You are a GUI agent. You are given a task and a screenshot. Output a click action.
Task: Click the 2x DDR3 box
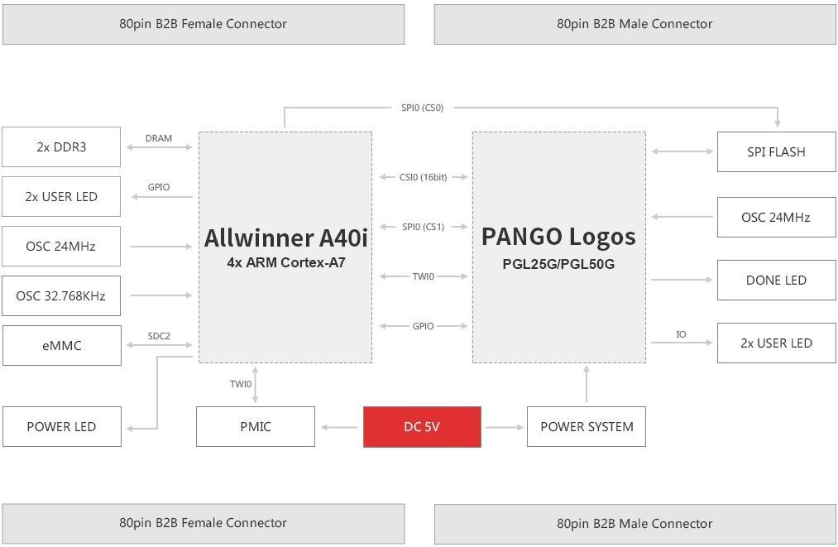point(61,147)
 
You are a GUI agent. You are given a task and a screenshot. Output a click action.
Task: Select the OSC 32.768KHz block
point(61,295)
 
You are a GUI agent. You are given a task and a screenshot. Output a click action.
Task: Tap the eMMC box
point(61,345)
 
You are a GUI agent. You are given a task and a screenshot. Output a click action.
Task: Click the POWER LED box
point(61,427)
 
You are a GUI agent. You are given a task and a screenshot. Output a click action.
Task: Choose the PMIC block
point(256,427)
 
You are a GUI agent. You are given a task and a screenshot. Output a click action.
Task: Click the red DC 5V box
point(422,427)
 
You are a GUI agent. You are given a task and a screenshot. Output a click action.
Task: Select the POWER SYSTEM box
point(587,427)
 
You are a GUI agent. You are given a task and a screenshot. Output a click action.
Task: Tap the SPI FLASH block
point(776,152)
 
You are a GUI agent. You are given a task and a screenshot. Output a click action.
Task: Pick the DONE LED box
point(776,281)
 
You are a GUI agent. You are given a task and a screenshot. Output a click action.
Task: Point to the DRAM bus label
point(158,138)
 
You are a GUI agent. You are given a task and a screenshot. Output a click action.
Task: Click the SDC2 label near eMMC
point(158,336)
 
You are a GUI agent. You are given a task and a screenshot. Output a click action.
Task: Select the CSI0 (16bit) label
point(423,177)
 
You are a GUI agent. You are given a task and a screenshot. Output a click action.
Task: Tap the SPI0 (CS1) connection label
point(423,227)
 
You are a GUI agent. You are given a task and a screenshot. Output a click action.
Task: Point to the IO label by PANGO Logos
point(681,334)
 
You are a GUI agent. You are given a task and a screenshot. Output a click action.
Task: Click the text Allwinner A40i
point(285,238)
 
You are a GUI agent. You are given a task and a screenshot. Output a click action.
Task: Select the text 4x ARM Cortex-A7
point(285,263)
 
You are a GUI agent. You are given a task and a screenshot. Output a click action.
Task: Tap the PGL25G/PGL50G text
point(559,264)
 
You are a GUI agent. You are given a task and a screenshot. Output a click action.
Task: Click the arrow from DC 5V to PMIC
point(338,427)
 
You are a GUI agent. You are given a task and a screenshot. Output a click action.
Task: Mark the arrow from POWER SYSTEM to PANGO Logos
point(587,385)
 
